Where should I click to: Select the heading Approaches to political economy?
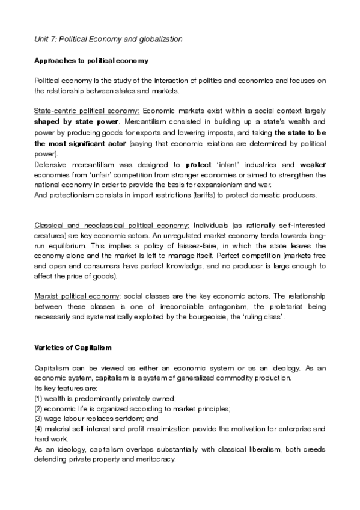coord(91,61)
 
